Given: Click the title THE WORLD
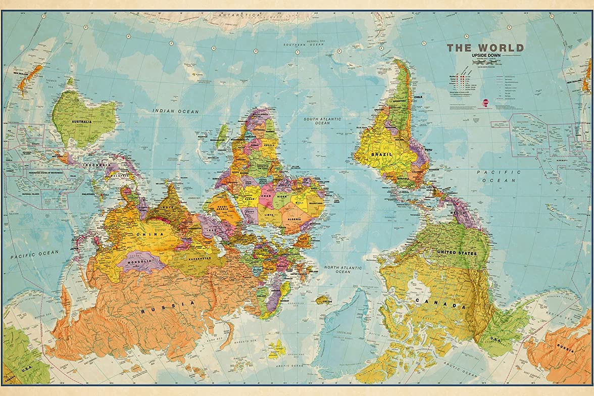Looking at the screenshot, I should [x=485, y=48].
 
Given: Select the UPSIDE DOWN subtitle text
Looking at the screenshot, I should [x=485, y=56].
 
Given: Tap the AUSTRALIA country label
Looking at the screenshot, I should [x=81, y=122].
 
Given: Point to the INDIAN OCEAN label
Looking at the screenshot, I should [x=176, y=111].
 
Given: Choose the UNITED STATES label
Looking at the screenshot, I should [x=457, y=252].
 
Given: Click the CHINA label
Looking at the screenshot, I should [x=153, y=234].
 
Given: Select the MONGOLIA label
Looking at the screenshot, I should [x=140, y=262].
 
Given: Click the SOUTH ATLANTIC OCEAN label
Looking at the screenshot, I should [x=322, y=121].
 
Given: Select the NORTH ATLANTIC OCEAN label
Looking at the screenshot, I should [x=343, y=269].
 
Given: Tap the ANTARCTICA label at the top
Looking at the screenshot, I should [x=238, y=15].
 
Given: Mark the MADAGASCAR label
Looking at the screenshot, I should [x=217, y=140].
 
